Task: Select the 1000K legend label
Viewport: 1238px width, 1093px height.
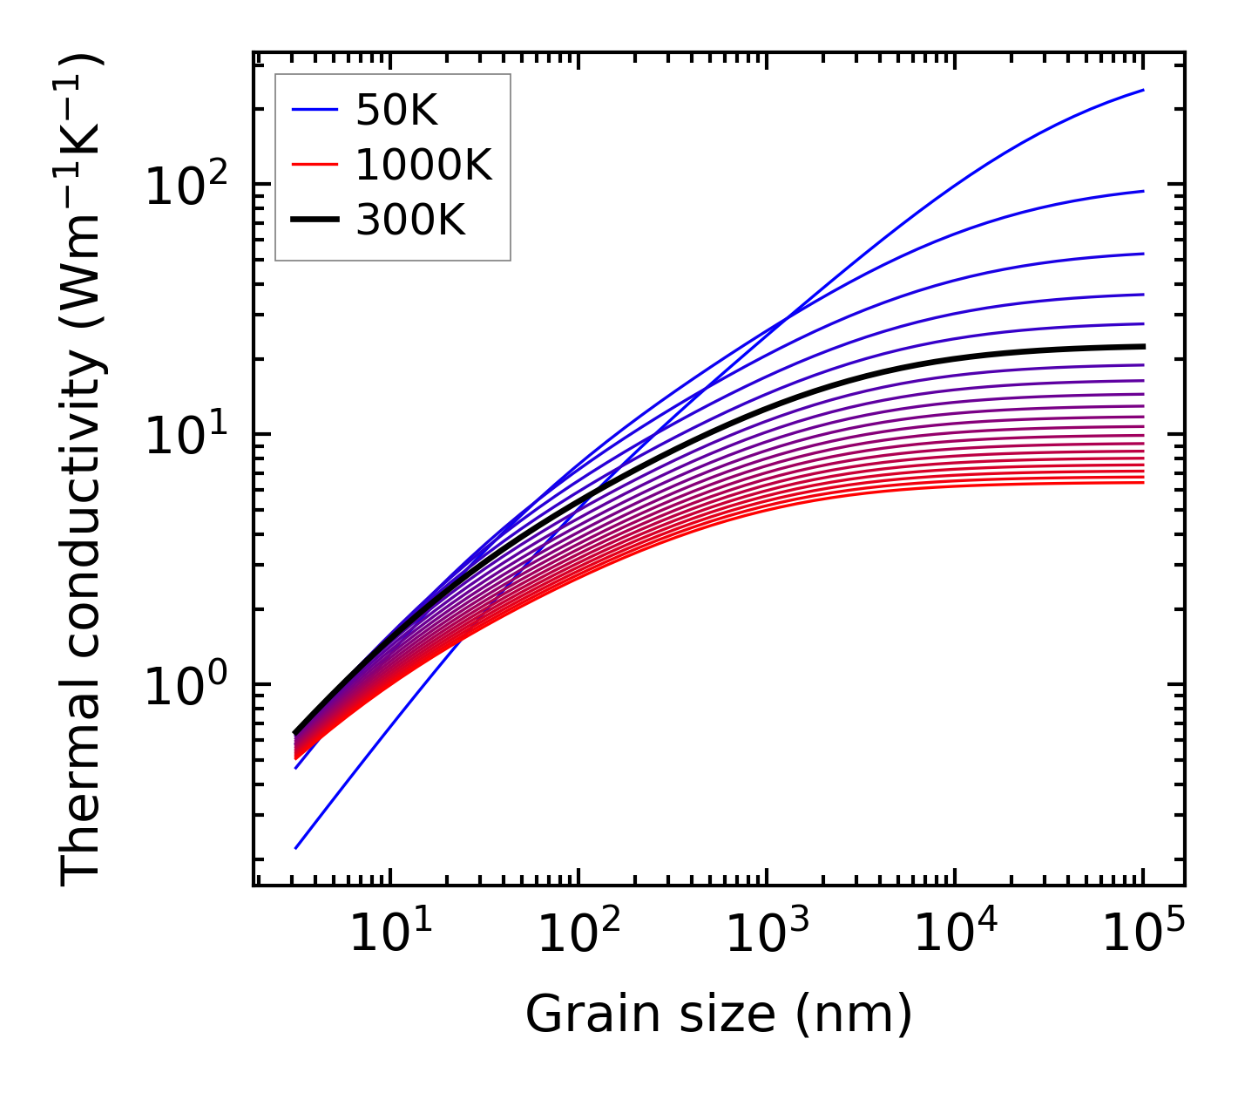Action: point(423,165)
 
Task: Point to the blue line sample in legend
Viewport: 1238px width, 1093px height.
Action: point(314,110)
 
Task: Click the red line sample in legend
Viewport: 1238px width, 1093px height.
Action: point(314,165)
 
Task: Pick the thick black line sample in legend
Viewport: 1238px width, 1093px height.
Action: point(314,221)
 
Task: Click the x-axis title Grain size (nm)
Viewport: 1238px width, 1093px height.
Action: point(719,1015)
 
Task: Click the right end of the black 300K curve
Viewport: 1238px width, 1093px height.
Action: point(1142,346)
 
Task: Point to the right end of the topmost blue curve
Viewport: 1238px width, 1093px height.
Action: point(1142,90)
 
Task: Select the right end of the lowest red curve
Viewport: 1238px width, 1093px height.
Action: point(1142,482)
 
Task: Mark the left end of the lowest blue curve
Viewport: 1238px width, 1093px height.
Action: point(296,847)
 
